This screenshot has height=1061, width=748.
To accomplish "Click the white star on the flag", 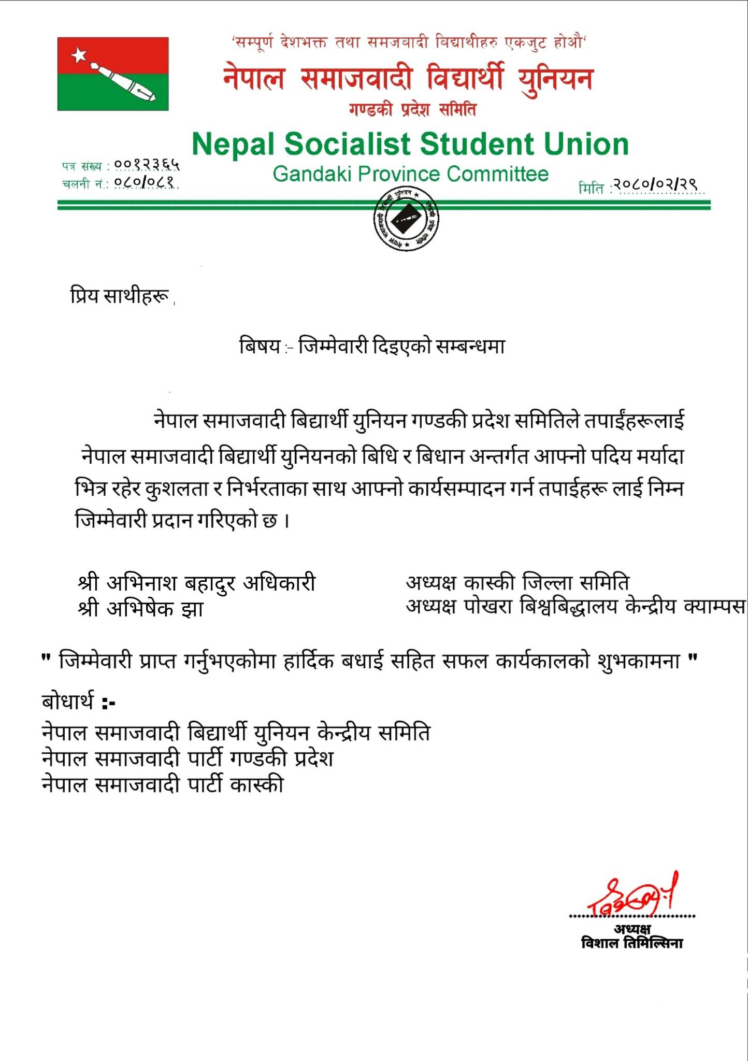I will pyautogui.click(x=79, y=54).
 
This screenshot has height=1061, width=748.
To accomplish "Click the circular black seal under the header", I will pyautogui.click(x=406, y=220).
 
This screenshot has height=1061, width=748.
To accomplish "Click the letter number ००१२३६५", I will pyautogui.click(x=147, y=165).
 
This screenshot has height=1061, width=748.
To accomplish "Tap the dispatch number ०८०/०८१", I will pyautogui.click(x=145, y=182).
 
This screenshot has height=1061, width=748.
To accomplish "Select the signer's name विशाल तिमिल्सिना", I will pyautogui.click(x=632, y=943).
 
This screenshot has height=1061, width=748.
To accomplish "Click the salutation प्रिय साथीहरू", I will pyautogui.click(x=120, y=296).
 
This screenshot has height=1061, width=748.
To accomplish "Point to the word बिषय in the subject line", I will pyautogui.click(x=260, y=346).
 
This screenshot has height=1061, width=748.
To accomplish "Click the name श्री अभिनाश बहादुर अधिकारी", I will pyautogui.click(x=197, y=583).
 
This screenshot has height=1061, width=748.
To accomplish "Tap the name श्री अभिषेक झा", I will pyautogui.click(x=140, y=609).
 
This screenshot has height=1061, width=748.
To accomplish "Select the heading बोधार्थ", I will pyautogui.click(x=68, y=702).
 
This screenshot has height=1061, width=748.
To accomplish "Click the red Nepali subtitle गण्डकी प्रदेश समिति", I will pyautogui.click(x=412, y=110).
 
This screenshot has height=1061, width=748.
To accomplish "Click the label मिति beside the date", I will pyautogui.click(x=591, y=188).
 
